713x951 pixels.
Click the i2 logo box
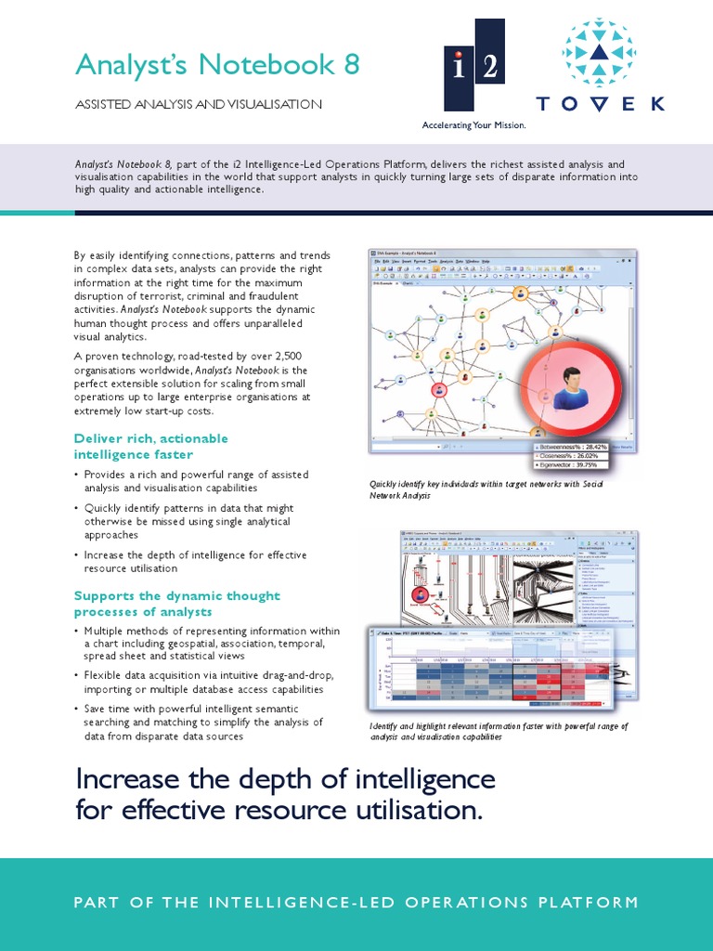tap(473, 67)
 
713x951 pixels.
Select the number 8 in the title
tap(349, 65)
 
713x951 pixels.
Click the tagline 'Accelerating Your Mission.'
tap(473, 124)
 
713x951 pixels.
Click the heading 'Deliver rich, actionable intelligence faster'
tap(150, 446)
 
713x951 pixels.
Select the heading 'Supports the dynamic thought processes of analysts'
tap(176, 604)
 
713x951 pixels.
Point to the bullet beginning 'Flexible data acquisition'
tap(208, 682)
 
